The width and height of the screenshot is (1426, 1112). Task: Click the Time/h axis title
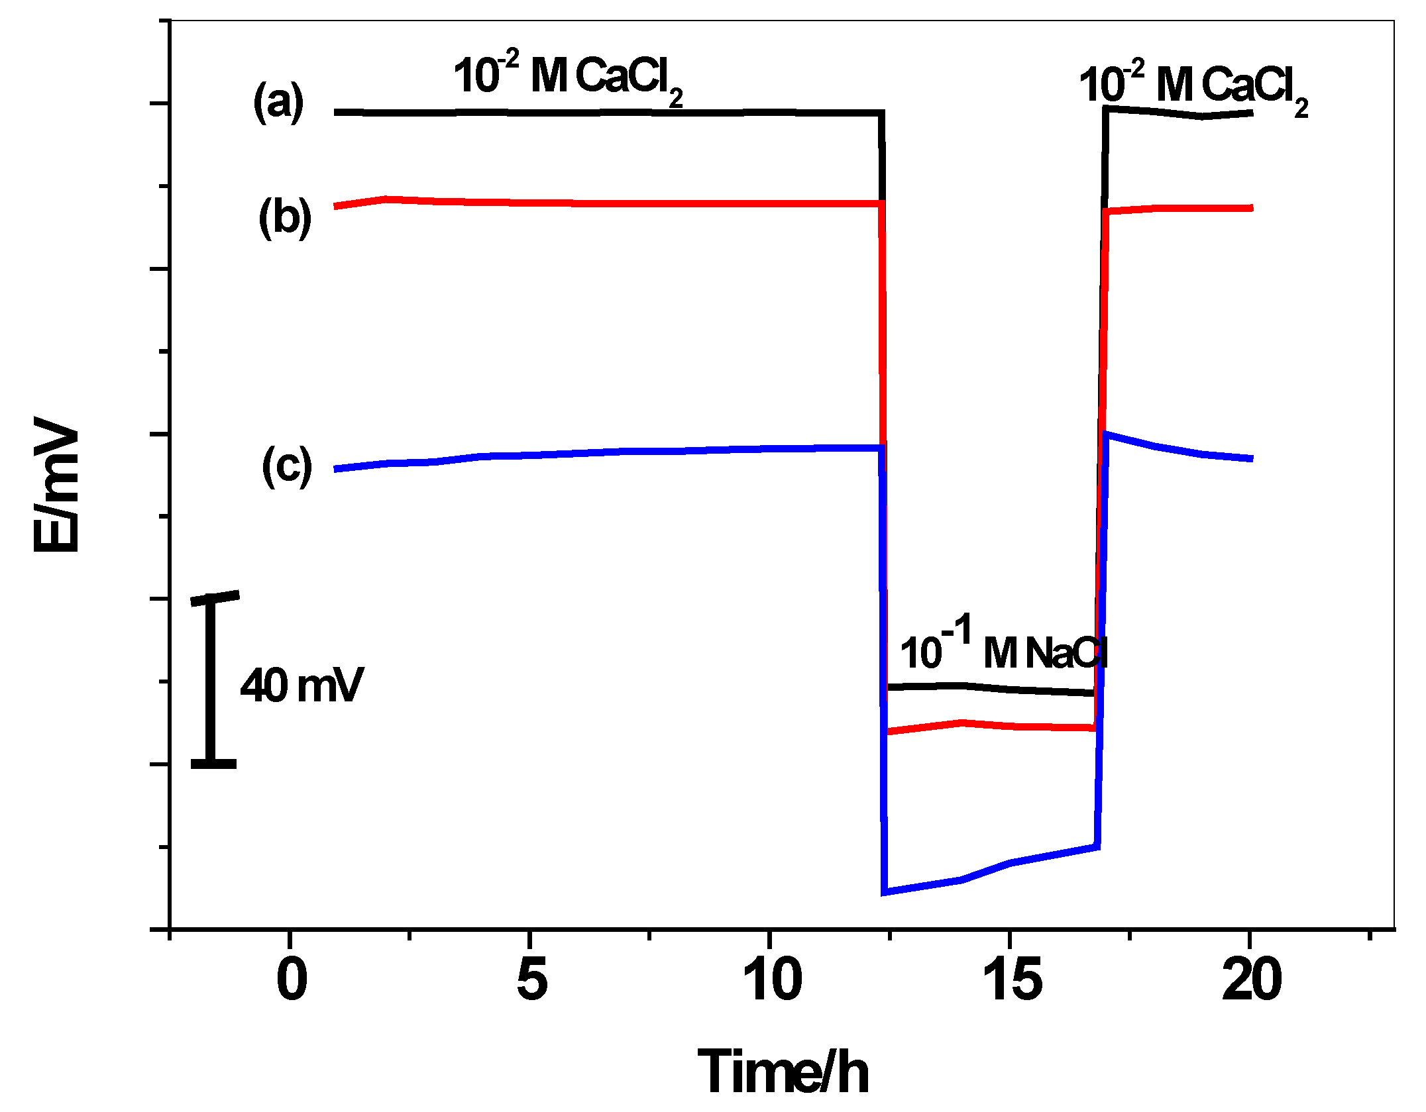[x=783, y=1072]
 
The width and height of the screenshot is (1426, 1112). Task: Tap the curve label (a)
[x=278, y=102]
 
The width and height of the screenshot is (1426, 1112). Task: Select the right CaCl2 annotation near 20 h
[x=1193, y=87]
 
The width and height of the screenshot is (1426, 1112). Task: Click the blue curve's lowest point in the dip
[x=886, y=891]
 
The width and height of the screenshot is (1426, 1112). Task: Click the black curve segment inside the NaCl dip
[x=987, y=688]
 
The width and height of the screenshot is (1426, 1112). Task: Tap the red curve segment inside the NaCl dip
[x=987, y=725]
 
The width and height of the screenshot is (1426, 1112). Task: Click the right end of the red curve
[x=1250, y=208]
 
